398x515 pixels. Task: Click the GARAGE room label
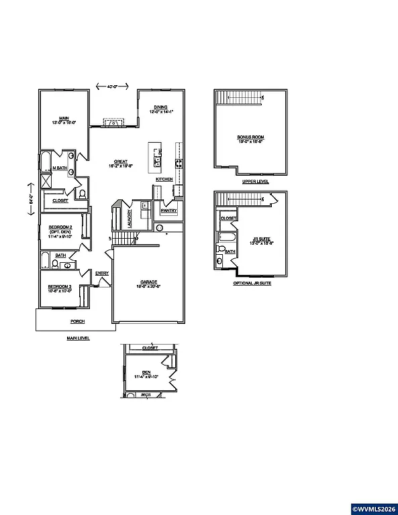pos(148,282)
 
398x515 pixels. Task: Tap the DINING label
pos(160,107)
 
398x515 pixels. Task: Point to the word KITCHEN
pos(164,180)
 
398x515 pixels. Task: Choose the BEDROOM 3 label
pos(59,287)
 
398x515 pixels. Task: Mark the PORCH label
pos(78,322)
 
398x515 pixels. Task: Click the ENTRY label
pos(102,273)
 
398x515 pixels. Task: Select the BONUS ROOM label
pos(250,137)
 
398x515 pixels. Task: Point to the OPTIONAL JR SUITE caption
pos(252,284)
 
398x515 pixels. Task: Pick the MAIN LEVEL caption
pos(78,339)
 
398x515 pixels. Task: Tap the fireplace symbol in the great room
pos(114,123)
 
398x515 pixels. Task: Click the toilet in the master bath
pos(82,194)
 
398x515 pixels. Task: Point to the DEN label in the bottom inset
pos(146,373)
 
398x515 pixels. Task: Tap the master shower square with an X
pos(47,181)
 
